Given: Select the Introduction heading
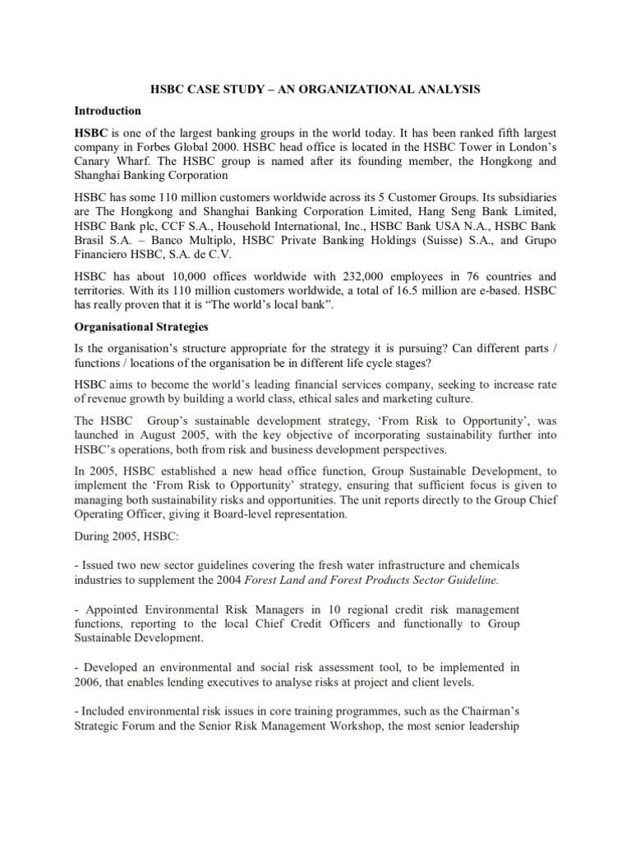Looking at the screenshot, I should pyautogui.click(x=108, y=110).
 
